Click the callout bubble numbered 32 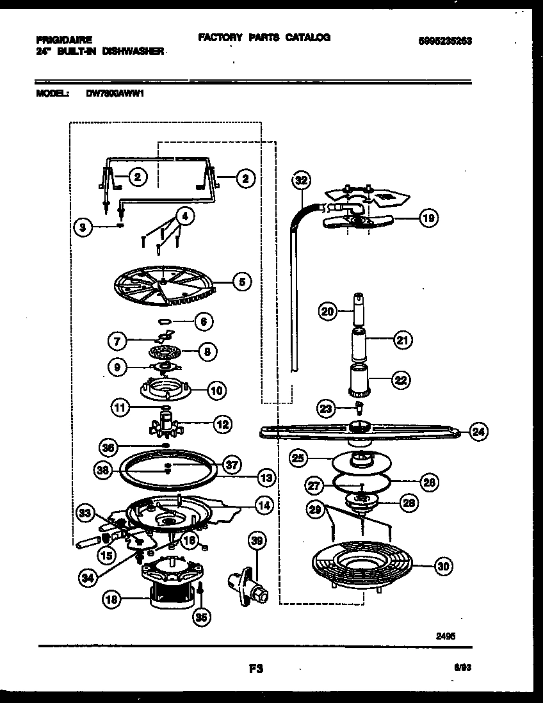(x=300, y=181)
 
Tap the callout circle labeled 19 (x=428, y=219)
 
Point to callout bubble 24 (x=478, y=432)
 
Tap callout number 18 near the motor (x=112, y=601)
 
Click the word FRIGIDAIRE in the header (x=64, y=38)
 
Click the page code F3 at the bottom (x=255, y=668)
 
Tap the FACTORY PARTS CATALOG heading (x=264, y=38)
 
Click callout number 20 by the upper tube (x=327, y=312)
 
